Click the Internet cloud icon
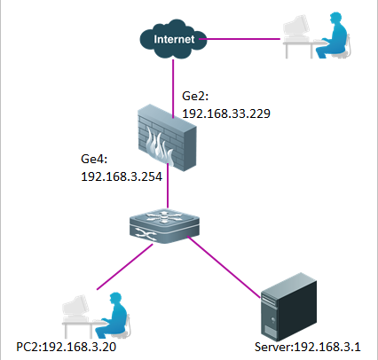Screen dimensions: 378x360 [x=173, y=39]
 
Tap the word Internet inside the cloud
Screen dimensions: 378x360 [x=174, y=39]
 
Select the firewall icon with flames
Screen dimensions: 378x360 [x=167, y=137]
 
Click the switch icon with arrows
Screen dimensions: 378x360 [x=164, y=226]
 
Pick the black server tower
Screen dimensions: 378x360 [x=289, y=307]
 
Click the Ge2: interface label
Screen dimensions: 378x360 [x=195, y=96]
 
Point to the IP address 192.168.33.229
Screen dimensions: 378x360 [x=226, y=113]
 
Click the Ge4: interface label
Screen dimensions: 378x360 [x=94, y=159]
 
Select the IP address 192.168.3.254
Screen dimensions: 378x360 [x=122, y=176]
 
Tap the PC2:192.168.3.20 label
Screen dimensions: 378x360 [x=66, y=347]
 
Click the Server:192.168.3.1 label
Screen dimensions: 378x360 [x=308, y=347]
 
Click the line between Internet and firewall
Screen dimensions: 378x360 [x=173, y=89]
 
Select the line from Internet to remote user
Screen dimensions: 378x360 [x=240, y=39]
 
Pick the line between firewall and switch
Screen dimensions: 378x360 [x=168, y=185]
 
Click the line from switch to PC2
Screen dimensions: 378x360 [x=125, y=266]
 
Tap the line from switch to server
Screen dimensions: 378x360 [x=224, y=267]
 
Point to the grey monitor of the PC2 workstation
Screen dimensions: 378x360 [x=75, y=308]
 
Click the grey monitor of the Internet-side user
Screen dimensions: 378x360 [x=296, y=27]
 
